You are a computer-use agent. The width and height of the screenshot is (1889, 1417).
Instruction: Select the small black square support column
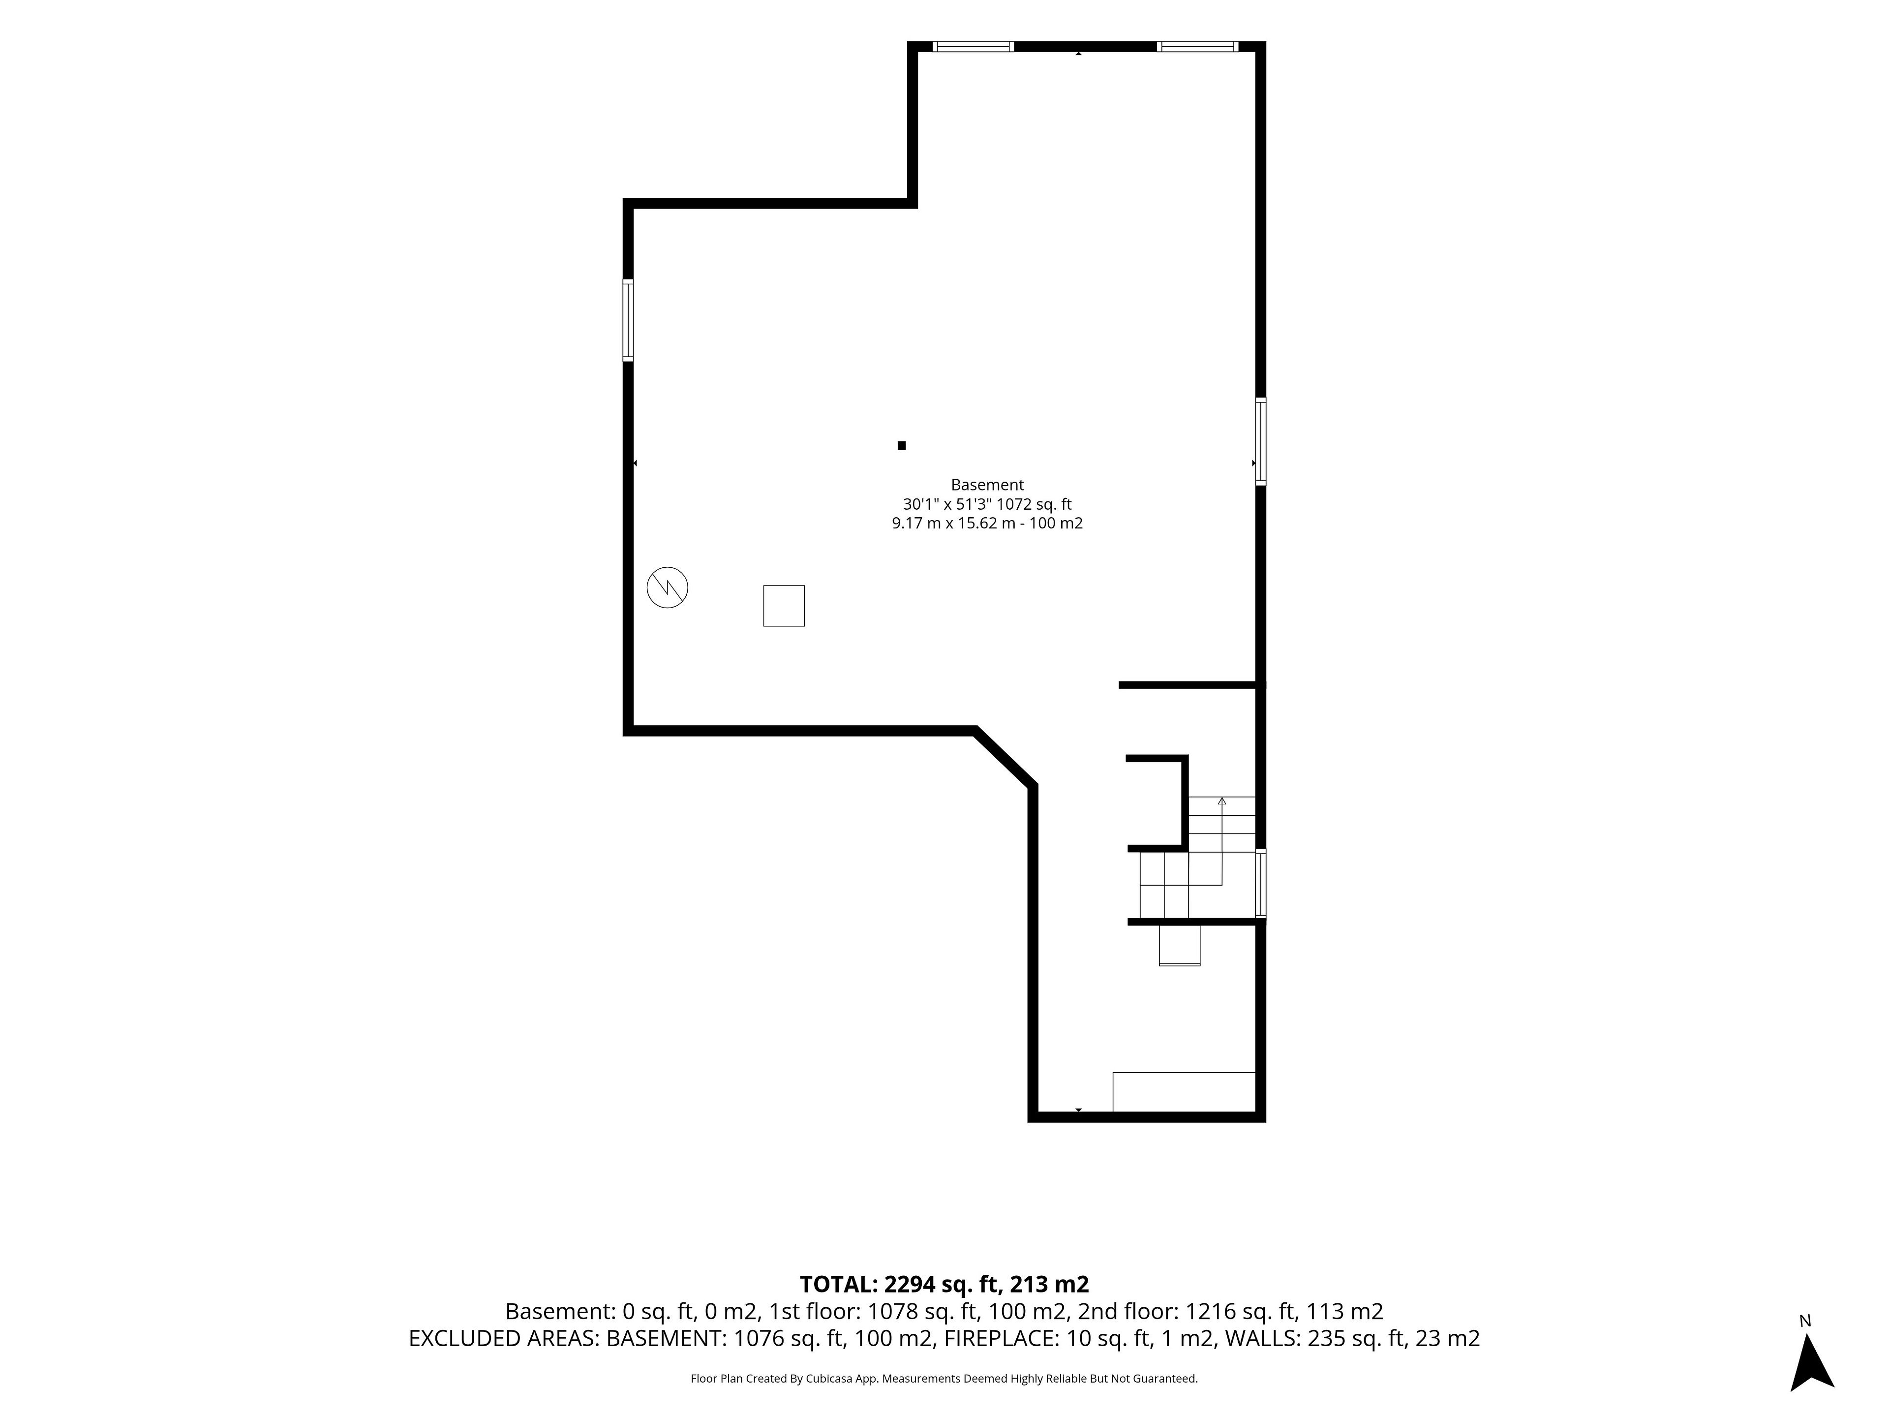click(x=902, y=445)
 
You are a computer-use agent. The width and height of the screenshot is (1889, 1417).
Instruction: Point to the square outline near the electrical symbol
click(x=784, y=606)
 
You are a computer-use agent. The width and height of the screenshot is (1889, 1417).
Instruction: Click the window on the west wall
click(x=629, y=320)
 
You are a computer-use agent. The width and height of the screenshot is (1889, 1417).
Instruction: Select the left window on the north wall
click(x=973, y=47)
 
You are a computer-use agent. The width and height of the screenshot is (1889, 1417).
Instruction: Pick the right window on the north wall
click(x=1197, y=47)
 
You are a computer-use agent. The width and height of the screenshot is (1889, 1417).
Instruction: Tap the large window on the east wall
click(x=1260, y=442)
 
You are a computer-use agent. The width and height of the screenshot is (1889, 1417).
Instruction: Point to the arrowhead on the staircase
click(x=1222, y=801)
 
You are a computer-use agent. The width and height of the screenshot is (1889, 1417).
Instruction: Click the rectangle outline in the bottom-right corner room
click(x=1184, y=1092)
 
